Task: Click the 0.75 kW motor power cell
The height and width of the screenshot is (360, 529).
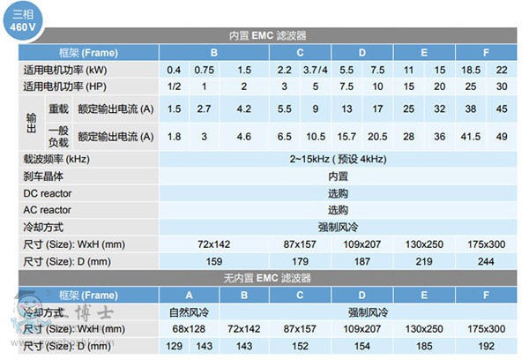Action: (204, 70)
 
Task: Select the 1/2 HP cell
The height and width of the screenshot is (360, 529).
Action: (174, 86)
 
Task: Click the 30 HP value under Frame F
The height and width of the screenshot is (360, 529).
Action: (501, 86)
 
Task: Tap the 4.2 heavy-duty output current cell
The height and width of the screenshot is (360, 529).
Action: (243, 109)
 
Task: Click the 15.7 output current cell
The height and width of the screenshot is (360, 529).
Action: (346, 136)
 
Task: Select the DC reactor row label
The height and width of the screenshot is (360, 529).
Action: (48, 193)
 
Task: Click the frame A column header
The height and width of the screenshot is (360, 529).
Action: (189, 294)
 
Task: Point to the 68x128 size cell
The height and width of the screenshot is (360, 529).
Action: (189, 328)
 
